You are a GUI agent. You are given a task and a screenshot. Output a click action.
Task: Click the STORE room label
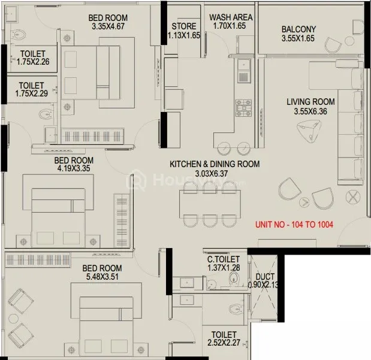point(184,26)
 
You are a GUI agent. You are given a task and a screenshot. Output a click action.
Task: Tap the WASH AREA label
point(231,17)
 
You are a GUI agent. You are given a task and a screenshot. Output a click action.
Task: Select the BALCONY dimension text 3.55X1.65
point(298,38)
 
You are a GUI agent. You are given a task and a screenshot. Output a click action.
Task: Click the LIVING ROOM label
point(310,102)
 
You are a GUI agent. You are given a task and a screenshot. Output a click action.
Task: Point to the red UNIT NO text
point(294,224)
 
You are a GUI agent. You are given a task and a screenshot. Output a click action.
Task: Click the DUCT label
point(265,277)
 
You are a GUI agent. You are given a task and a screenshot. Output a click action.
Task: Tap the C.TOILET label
point(224,259)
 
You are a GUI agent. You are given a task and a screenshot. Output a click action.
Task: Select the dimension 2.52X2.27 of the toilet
point(224,343)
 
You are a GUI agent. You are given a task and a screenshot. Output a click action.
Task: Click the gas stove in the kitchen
point(243,108)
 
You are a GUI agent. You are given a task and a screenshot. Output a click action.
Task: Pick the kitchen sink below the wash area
point(243,64)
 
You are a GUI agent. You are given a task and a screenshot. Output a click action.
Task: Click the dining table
point(210,204)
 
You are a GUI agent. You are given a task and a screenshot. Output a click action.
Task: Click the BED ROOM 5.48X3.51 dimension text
point(102,277)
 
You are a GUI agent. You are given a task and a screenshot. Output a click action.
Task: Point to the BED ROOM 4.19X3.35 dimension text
point(74,168)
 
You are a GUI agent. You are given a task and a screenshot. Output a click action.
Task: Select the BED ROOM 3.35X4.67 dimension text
point(108,26)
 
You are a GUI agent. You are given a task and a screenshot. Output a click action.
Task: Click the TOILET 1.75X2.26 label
point(33,58)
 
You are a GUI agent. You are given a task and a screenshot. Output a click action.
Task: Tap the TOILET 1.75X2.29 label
point(32,89)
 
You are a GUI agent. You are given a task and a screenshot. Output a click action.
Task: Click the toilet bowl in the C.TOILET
point(234,277)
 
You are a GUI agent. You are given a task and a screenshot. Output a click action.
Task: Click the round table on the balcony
point(349,41)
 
